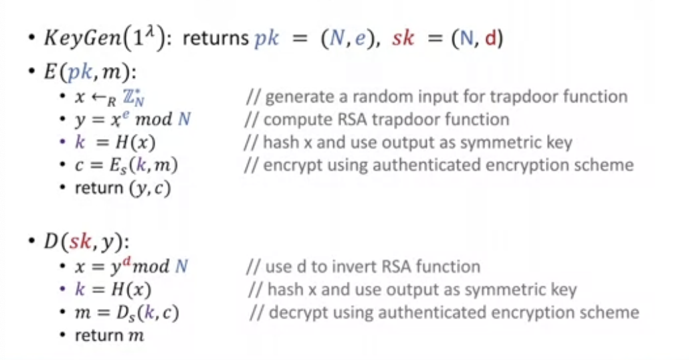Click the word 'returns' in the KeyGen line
click(x=216, y=38)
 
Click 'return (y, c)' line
click(x=122, y=188)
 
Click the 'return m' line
click(x=109, y=335)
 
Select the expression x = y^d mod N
click(x=132, y=267)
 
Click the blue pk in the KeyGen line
click(x=269, y=38)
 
